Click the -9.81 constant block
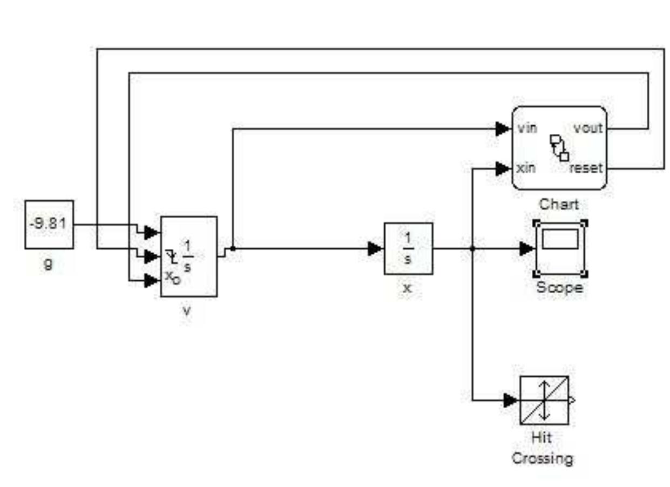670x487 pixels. (x=49, y=225)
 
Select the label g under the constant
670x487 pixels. (x=49, y=266)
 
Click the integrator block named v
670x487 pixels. (x=189, y=256)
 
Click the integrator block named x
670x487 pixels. (x=408, y=248)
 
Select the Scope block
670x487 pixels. (x=560, y=248)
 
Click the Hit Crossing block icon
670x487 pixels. (x=544, y=400)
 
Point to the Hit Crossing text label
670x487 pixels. (x=542, y=448)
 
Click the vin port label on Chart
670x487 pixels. (x=526, y=129)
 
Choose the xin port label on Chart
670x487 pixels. (x=526, y=168)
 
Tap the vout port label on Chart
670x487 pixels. (x=588, y=129)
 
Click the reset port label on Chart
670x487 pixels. (x=586, y=168)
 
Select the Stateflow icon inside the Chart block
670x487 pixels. (x=559, y=147)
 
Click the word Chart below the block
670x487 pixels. (x=559, y=204)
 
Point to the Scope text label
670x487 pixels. (x=559, y=288)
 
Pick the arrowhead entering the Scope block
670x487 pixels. (x=526, y=248)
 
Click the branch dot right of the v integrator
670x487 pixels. (x=233, y=248)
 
